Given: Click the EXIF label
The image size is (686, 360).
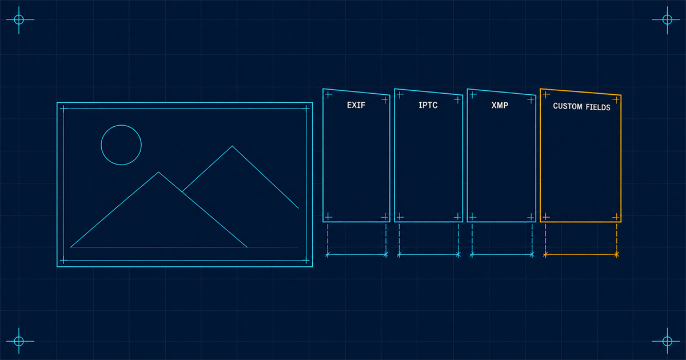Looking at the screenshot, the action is coord(356,105).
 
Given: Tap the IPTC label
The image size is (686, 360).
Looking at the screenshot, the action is coord(428,105).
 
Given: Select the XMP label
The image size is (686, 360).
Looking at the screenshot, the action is coord(500,105).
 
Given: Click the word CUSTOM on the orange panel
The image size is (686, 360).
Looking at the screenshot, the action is coord(568,106).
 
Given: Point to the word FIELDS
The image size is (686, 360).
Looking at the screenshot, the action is coord(598,107).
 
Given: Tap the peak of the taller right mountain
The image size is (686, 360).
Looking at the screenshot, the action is coord(232,146).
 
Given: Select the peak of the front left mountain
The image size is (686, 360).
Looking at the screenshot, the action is coord(158,173).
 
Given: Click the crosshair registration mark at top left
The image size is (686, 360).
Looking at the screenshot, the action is coord(19,19).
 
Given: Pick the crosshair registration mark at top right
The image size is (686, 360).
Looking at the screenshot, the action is coord(667,19).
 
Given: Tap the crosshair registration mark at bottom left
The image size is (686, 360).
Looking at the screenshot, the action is coord(19,341).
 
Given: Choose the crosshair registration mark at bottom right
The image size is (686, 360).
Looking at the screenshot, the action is coord(667,341).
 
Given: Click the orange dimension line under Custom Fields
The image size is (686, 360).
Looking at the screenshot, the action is coord(581,254).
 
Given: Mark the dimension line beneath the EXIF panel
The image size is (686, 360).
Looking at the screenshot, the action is coord(357,254).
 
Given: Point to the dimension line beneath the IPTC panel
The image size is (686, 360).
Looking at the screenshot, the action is coord(429,254).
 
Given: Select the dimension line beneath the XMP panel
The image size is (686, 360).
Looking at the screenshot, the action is coord(502,254).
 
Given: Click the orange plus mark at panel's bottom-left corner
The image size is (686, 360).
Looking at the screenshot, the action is coord(546,217).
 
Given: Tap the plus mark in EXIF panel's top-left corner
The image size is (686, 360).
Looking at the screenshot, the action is coord(328,95).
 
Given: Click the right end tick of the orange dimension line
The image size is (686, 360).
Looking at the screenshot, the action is coord(616,254).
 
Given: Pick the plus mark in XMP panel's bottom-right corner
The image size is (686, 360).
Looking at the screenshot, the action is coord(531,217).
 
